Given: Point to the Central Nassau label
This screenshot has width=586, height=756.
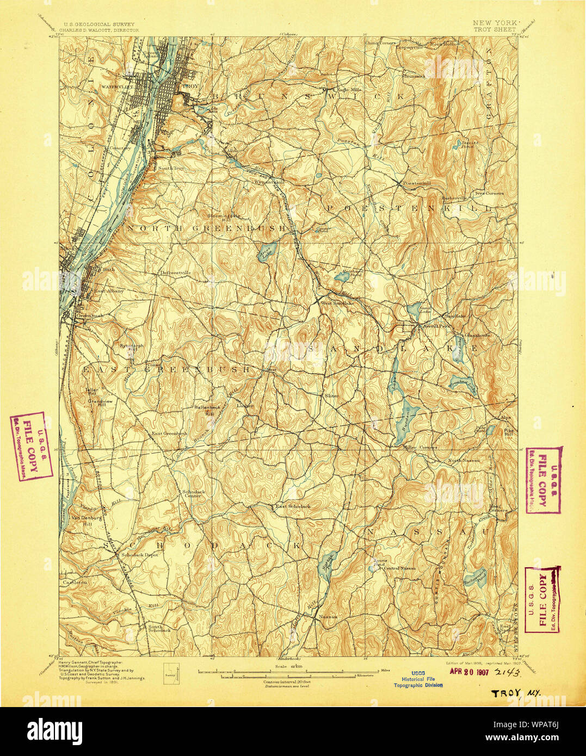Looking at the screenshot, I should pos(399,568).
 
